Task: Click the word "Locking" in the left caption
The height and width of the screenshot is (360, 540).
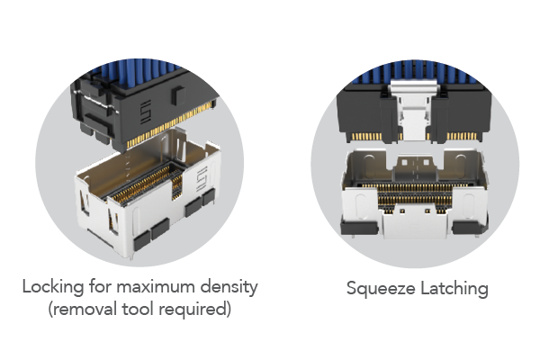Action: pos(53,287)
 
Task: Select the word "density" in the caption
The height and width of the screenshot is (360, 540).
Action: pos(229,287)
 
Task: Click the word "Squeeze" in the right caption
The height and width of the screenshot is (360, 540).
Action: pos(381,289)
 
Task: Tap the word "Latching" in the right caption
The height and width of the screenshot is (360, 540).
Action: pos(454,288)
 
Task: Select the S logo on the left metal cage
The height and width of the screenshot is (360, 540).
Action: pos(202,178)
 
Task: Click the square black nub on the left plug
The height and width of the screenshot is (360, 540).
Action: pos(177,95)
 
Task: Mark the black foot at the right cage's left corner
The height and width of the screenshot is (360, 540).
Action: pos(359,228)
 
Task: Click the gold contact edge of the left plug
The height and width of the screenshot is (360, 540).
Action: pos(169,125)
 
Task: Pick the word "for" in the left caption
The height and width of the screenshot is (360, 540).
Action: pos(100,286)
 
